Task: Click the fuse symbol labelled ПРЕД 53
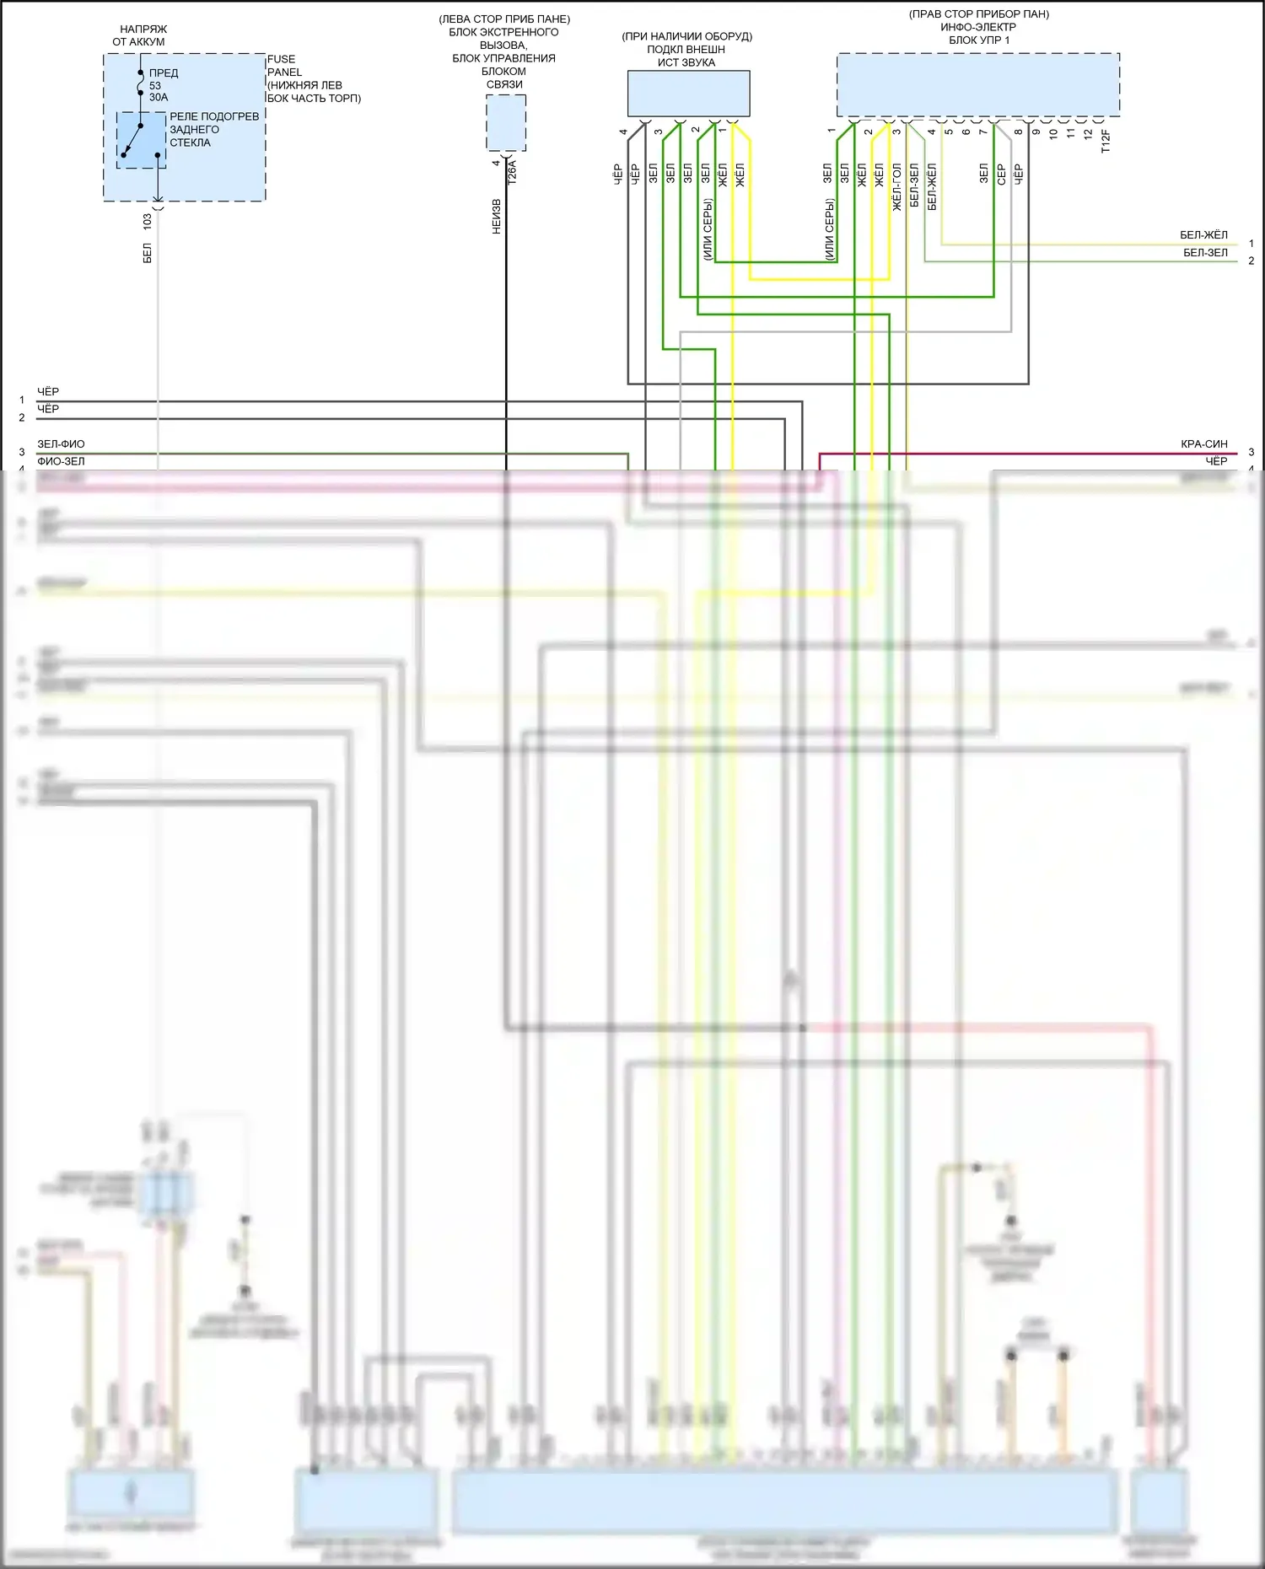point(141,84)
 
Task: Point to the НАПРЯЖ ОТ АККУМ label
point(140,35)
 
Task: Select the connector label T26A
point(512,173)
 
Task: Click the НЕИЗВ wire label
point(497,217)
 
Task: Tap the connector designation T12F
point(1106,141)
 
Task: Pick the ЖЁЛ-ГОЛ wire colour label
point(896,186)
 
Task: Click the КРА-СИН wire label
point(1203,443)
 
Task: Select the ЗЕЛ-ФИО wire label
point(61,443)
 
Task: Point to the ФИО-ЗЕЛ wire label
point(61,461)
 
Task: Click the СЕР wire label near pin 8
point(1001,175)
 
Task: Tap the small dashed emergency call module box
point(506,123)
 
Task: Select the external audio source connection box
point(688,94)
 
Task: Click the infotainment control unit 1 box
point(977,85)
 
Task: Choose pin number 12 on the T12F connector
point(1088,133)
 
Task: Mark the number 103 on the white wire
point(148,222)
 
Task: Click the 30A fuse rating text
point(159,97)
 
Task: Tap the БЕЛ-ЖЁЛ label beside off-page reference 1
point(1203,234)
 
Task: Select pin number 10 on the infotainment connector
point(1053,133)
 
